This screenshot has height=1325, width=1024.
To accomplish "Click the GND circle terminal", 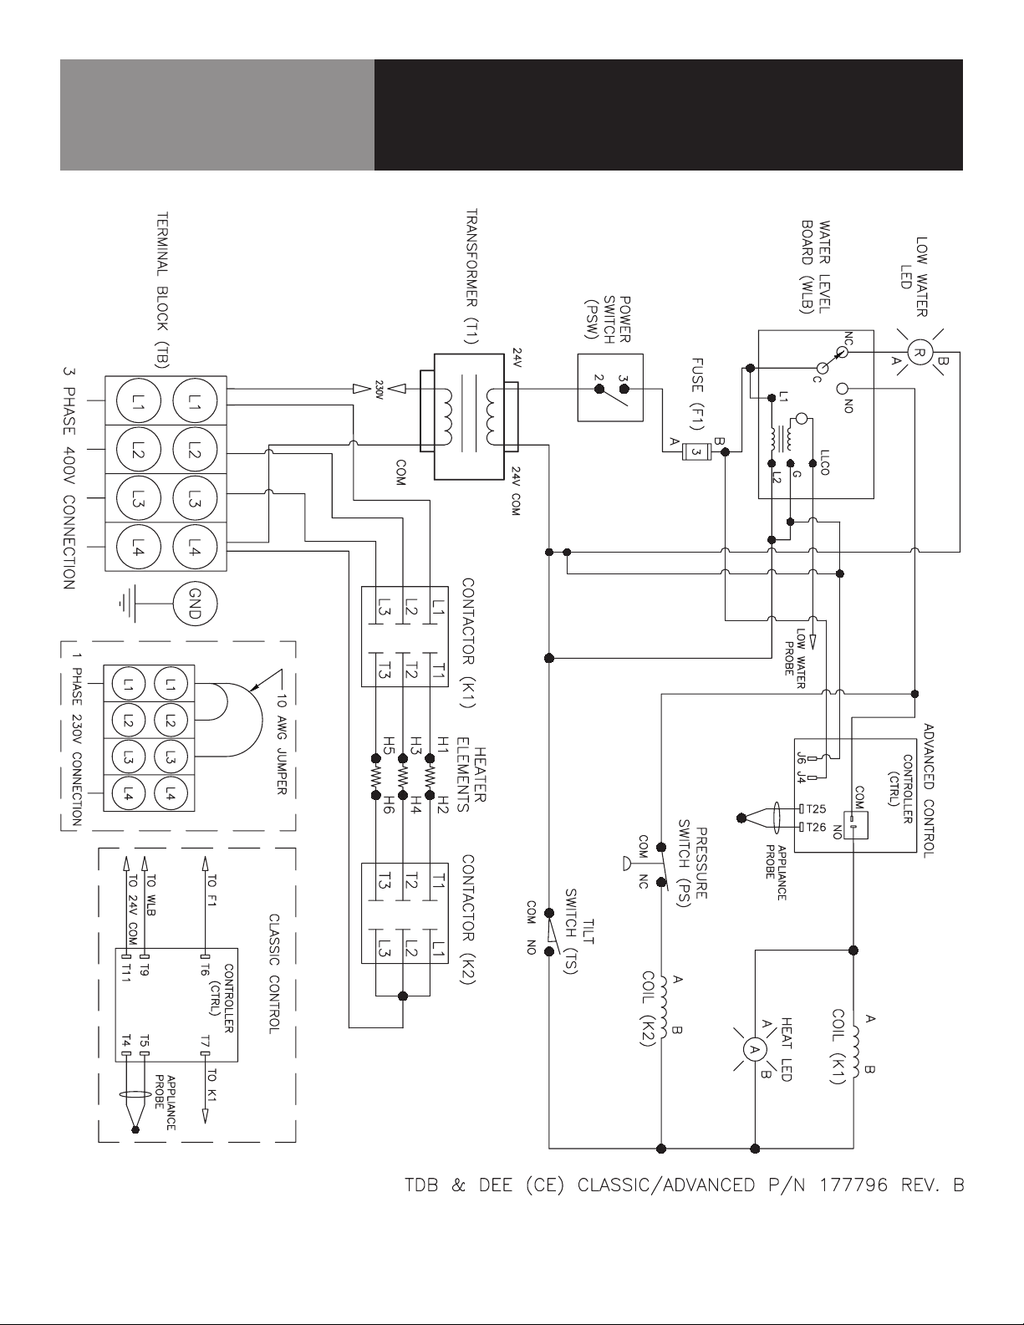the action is [195, 604].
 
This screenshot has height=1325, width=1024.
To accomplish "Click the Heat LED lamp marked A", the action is [754, 1049].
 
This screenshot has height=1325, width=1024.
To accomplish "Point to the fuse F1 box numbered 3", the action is [696, 451].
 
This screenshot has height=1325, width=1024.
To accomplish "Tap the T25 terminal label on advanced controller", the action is [816, 809].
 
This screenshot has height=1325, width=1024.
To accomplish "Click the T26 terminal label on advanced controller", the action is [816, 828].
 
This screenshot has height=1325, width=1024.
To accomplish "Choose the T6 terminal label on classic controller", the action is [205, 970].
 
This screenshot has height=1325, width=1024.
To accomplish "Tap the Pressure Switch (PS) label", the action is [693, 863].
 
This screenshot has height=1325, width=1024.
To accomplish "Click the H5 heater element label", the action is [388, 743].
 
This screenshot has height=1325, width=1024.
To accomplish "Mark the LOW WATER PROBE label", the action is [794, 659].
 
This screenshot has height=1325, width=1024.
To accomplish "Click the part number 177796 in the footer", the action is [853, 1185].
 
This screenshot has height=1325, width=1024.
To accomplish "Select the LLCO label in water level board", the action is [825, 462].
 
